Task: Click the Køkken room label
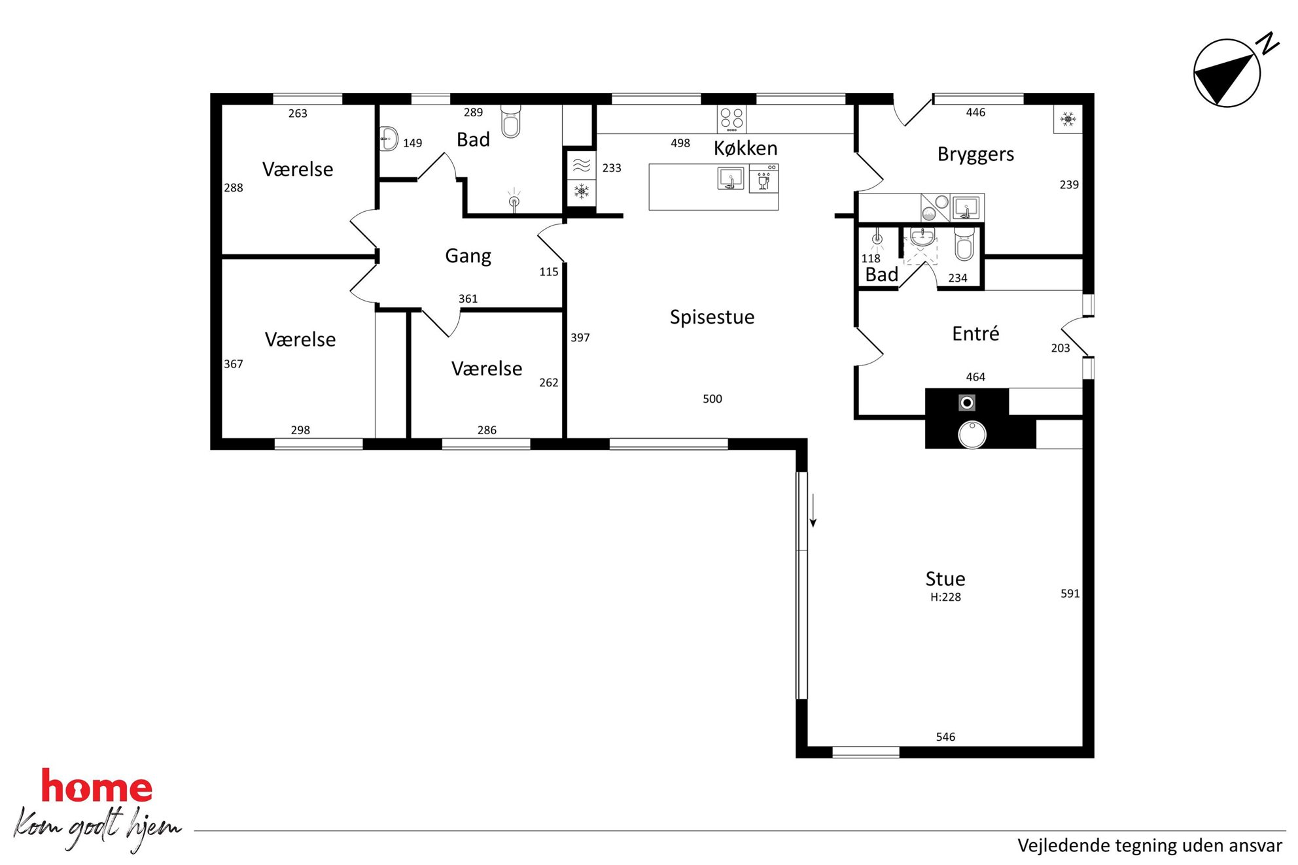tap(745, 148)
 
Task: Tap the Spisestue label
tap(712, 317)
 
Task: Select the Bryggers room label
tap(975, 154)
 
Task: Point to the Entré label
tap(975, 333)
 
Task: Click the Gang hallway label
tap(468, 256)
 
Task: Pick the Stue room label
tap(945, 579)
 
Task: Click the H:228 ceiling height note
tap(945, 597)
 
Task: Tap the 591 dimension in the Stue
tap(1070, 594)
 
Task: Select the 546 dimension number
tap(945, 737)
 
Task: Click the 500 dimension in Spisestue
tap(712, 399)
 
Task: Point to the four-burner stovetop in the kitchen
tap(731, 119)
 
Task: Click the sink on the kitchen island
tap(730, 178)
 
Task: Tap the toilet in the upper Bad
tap(510, 121)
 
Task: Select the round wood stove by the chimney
tap(972, 435)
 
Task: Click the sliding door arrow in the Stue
tap(813, 511)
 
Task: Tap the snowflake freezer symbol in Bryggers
tap(1068, 119)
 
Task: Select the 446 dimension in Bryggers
tap(975, 112)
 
